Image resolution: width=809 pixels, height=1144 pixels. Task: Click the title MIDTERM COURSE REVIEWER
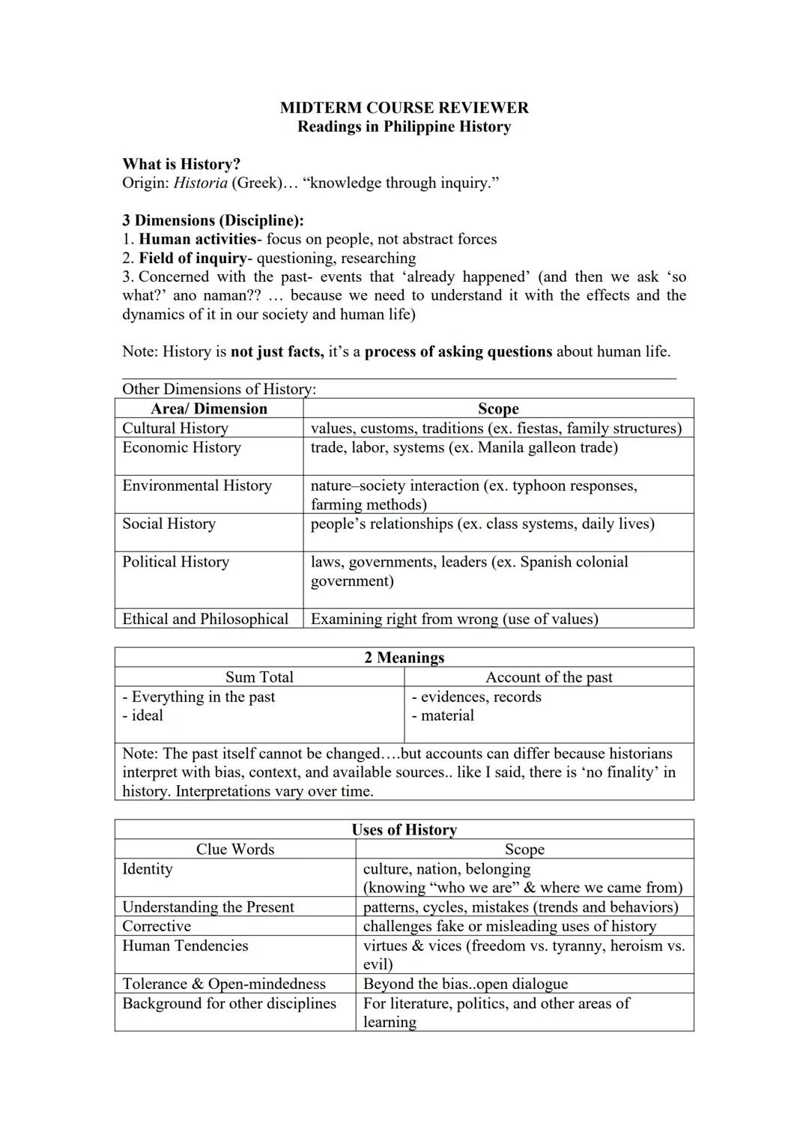(404, 108)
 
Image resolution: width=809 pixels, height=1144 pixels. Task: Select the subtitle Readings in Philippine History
(404, 127)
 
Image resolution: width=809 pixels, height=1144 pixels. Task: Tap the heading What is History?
(181, 164)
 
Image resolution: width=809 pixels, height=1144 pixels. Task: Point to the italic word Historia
(200, 183)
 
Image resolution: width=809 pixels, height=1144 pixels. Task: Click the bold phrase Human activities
(198, 239)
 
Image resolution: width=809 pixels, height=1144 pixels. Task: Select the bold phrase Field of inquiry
(193, 258)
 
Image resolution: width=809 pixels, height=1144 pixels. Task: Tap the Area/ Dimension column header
(209, 408)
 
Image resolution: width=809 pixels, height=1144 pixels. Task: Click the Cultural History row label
(175, 428)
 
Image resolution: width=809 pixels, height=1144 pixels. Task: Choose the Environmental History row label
(197, 485)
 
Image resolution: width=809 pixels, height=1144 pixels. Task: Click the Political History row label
(176, 562)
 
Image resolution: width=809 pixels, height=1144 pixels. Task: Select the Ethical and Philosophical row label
(205, 619)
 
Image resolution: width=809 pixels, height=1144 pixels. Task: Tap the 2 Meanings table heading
(404, 658)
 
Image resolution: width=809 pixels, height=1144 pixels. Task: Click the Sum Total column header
(259, 677)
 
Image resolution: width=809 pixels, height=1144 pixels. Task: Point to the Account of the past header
(548, 677)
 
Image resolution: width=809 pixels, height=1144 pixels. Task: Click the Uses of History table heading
(404, 830)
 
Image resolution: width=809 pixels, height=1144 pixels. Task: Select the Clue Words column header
(235, 850)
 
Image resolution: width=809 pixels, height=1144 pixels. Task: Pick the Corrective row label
(157, 926)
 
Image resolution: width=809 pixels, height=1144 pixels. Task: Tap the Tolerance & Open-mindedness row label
(224, 984)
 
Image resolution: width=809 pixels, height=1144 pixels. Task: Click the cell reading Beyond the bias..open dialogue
(465, 984)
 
